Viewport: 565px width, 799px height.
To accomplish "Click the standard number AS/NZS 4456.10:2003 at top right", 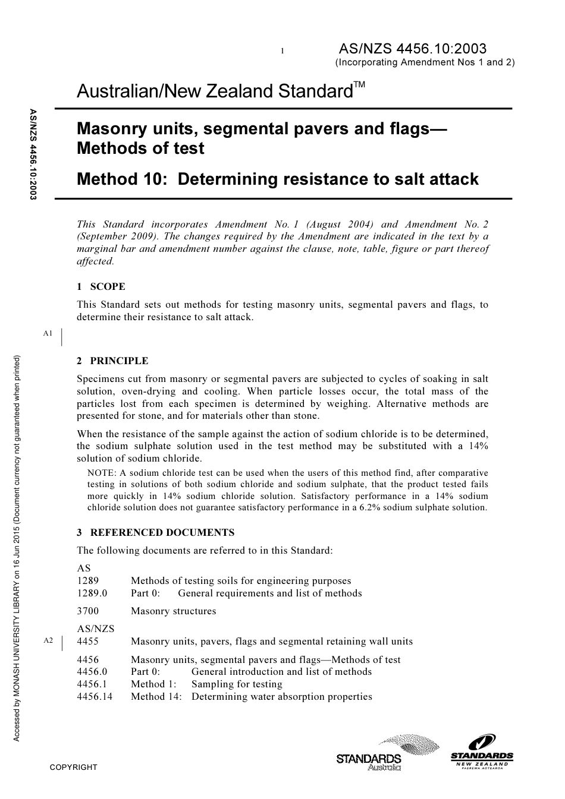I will (x=412, y=49).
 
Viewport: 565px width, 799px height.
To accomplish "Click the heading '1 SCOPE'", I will (x=101, y=286).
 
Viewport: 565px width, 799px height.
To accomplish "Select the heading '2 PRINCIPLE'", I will (x=112, y=361).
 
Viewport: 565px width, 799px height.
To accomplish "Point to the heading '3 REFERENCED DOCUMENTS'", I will (x=155, y=532).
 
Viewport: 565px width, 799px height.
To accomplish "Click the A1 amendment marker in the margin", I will (x=48, y=333).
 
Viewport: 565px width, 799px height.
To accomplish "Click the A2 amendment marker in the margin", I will (x=48, y=640).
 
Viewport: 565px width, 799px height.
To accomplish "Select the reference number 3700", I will (x=88, y=611).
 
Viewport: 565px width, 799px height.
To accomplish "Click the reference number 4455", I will (x=88, y=641).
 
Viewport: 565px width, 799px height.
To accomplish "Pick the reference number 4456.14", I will (x=95, y=696).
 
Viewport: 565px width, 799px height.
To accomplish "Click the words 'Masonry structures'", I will (x=173, y=611).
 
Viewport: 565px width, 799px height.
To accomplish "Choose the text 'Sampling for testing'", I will (x=237, y=684).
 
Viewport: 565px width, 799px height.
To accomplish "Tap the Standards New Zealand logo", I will (x=482, y=752).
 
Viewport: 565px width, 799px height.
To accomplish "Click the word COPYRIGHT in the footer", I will (x=73, y=767).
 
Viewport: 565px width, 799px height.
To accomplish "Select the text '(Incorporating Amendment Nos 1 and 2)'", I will (x=425, y=62).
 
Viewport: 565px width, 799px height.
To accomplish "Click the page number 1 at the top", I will (x=282, y=51).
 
